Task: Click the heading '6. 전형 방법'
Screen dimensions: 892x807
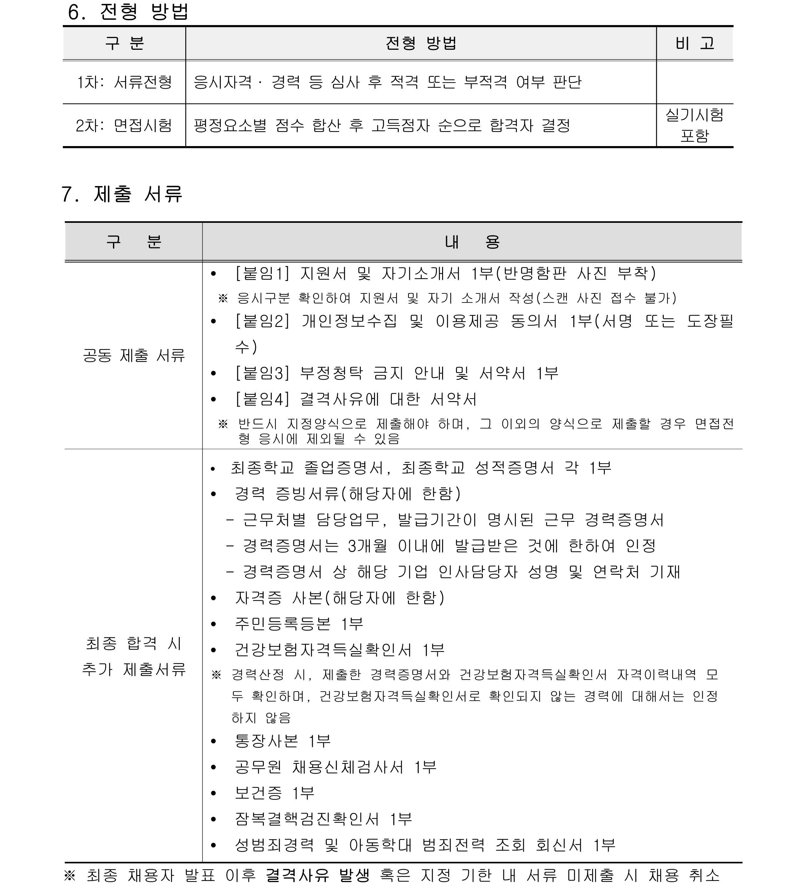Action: tap(128, 12)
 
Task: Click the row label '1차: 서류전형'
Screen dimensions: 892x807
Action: tap(124, 82)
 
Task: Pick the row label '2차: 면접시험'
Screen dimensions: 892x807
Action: tap(124, 126)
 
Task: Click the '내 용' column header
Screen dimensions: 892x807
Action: tap(472, 242)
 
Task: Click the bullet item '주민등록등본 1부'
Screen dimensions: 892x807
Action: tap(299, 624)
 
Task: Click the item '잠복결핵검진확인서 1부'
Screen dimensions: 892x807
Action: tap(323, 819)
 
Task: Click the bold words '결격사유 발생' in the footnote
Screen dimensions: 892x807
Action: tap(317, 875)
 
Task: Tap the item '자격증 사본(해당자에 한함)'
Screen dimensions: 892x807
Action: tap(340, 598)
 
